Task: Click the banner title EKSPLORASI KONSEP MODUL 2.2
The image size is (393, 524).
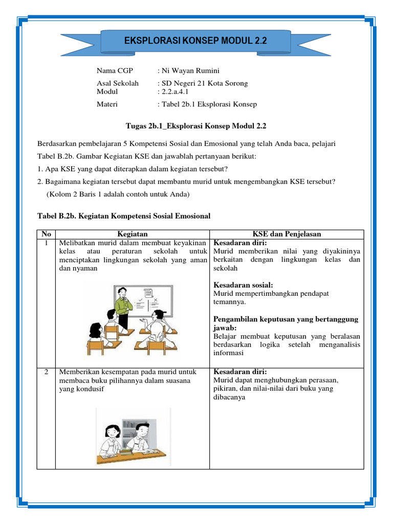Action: (x=196, y=40)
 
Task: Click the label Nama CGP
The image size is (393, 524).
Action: (x=115, y=71)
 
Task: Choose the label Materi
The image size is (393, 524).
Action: (x=107, y=104)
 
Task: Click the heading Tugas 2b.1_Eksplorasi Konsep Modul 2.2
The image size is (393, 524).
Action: (x=196, y=125)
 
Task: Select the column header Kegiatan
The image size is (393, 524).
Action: (x=132, y=234)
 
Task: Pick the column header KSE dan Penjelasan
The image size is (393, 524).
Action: (x=286, y=234)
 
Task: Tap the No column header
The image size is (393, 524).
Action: (x=46, y=234)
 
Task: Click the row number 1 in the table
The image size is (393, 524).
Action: (x=46, y=243)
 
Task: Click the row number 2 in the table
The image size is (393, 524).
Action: (x=46, y=372)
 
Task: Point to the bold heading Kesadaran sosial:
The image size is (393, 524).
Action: (x=243, y=285)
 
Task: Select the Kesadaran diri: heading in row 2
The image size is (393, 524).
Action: (x=240, y=372)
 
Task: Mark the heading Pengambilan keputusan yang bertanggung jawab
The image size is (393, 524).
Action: (x=286, y=323)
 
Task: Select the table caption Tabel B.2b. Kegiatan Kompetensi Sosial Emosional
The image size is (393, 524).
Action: (x=124, y=216)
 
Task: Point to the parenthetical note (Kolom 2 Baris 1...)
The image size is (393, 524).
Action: (x=118, y=194)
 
